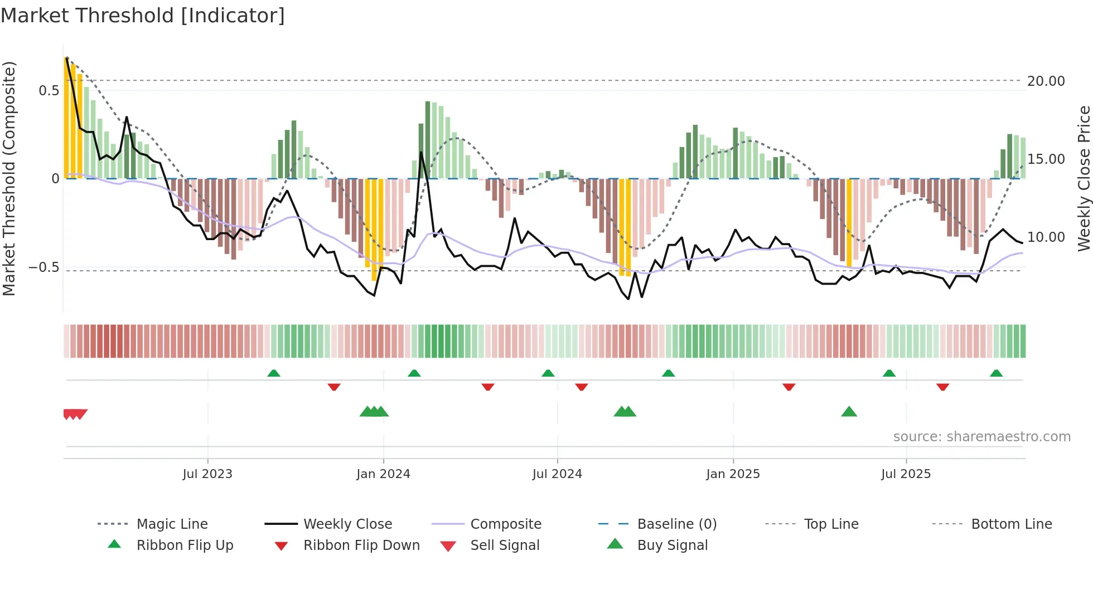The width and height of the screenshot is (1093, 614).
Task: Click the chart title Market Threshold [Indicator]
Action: tap(143, 16)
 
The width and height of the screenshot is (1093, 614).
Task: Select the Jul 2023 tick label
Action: tap(207, 474)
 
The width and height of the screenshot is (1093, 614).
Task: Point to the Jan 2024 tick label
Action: tap(383, 474)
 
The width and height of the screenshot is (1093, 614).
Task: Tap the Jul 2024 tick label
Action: tap(557, 474)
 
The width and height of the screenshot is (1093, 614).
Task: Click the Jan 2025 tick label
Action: tap(733, 474)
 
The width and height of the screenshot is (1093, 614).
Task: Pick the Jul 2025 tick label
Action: tap(906, 474)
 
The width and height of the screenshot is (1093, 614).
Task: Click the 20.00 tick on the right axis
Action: tap(1046, 81)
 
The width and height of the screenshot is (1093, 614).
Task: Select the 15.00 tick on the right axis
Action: tap(1046, 159)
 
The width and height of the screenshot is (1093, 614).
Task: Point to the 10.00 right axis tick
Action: tap(1046, 237)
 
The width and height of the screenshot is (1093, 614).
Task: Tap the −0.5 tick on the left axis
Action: tap(44, 267)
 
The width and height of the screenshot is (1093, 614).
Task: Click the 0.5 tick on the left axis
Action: tap(49, 91)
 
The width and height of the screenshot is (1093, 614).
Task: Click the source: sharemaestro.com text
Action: tap(981, 437)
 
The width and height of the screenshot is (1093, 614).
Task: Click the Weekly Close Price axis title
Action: tap(1084, 178)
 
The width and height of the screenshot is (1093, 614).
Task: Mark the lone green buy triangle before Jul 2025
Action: tap(849, 412)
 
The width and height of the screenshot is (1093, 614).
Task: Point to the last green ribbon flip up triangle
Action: tap(996, 373)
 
